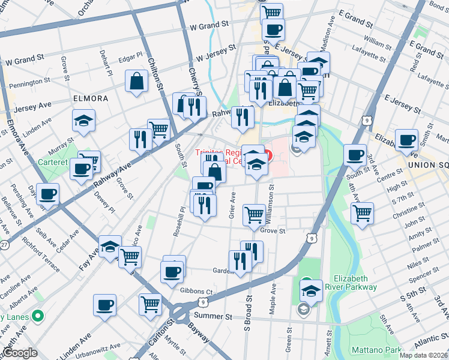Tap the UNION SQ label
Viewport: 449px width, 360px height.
(x=427, y=164)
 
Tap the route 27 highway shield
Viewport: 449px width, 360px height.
(x=4, y=245)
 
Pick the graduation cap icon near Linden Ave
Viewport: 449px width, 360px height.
(x=84, y=120)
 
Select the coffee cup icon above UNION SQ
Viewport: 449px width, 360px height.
(x=406, y=140)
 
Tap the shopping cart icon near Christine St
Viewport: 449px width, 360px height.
(x=363, y=212)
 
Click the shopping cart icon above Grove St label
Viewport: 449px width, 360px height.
(x=255, y=214)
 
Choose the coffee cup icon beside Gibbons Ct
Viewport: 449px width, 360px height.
(x=172, y=272)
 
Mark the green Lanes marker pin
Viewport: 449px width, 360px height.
(x=38, y=315)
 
